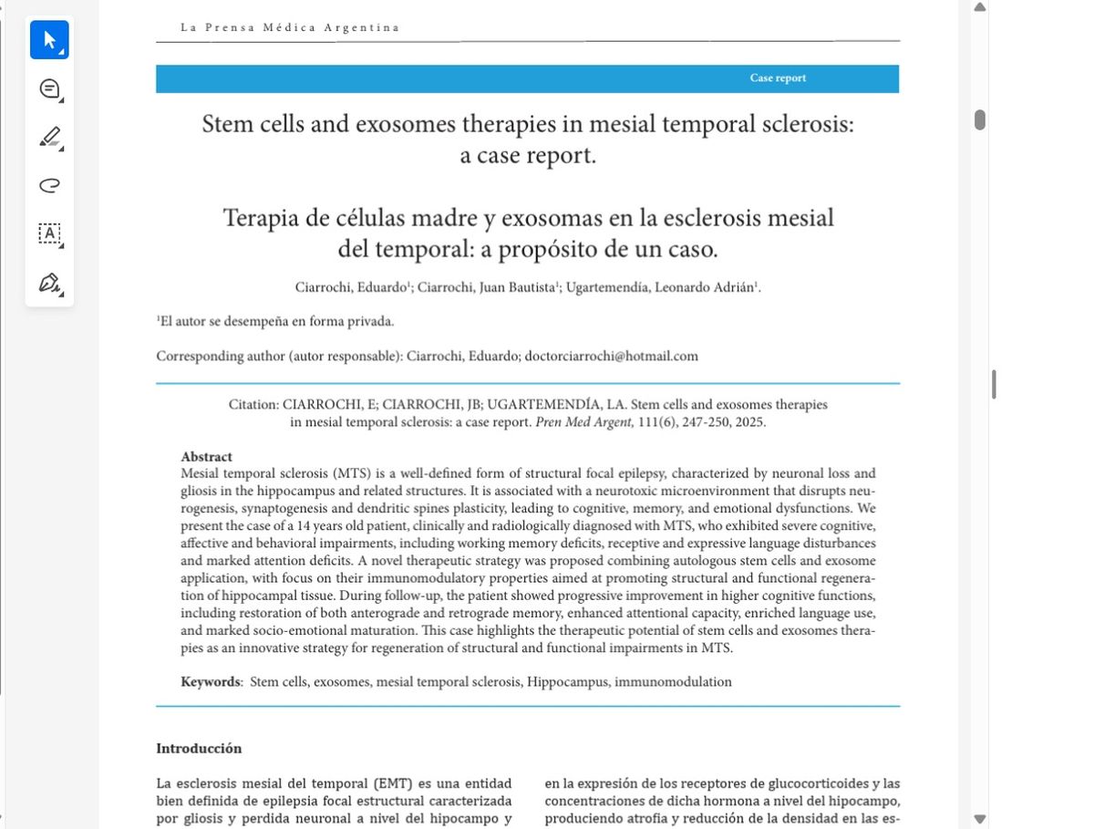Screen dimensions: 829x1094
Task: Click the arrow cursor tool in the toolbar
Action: (48, 40)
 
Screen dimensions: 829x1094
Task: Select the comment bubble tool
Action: (49, 88)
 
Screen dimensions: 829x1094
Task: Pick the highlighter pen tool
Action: (49, 138)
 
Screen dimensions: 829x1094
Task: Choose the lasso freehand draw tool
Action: (49, 186)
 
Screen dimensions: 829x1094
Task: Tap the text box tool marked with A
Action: (49, 233)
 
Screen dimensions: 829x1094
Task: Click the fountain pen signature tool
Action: (49, 283)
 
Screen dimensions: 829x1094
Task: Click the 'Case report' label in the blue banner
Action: (778, 78)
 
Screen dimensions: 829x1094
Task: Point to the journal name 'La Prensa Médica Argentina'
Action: (290, 27)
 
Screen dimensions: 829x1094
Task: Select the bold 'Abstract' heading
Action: (206, 457)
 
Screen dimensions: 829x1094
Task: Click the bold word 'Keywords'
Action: (211, 681)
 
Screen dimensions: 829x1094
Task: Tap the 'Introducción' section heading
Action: (199, 749)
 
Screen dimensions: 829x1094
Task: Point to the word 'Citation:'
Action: (253, 404)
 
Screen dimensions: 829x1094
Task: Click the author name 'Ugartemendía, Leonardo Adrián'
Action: (661, 287)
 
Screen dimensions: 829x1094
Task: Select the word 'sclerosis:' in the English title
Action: (807, 124)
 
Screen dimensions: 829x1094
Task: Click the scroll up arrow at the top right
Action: (980, 7)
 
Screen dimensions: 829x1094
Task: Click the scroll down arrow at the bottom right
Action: (980, 819)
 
